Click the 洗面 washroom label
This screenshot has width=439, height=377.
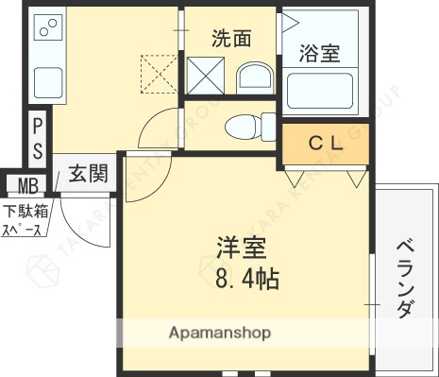tap(232, 39)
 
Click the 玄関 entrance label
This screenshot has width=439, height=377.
tap(86, 173)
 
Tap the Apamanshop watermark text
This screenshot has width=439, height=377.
tap(220, 333)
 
